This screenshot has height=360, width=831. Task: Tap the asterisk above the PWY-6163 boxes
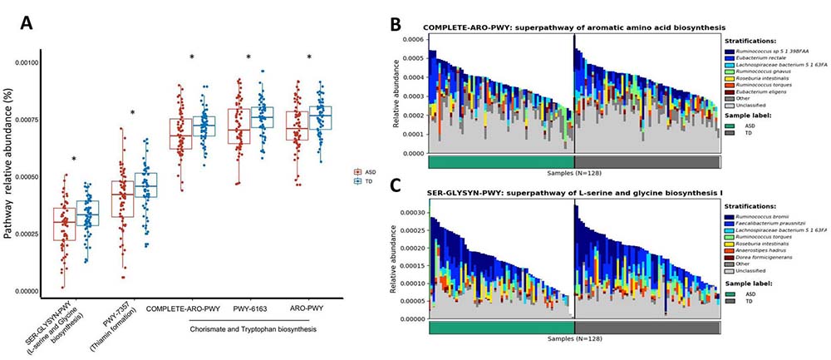(248, 57)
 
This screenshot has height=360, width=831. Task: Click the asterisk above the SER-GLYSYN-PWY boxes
(74, 160)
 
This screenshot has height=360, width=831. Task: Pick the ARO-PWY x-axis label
(308, 310)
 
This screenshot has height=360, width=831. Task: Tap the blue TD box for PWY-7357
(146, 185)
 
